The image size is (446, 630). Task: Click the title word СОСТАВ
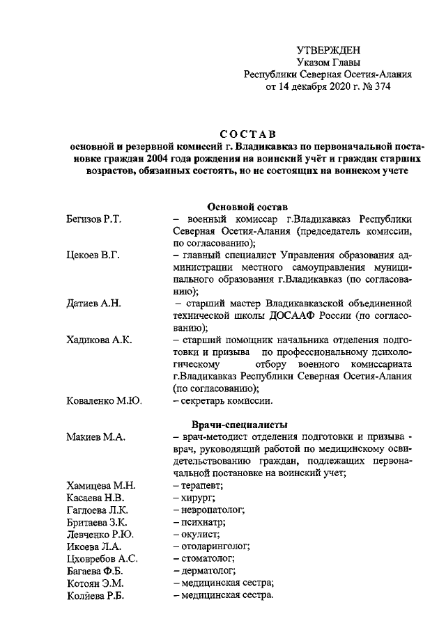[243, 134]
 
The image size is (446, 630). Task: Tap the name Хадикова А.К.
[99, 340]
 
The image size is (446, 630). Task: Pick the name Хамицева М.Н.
[101, 485]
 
